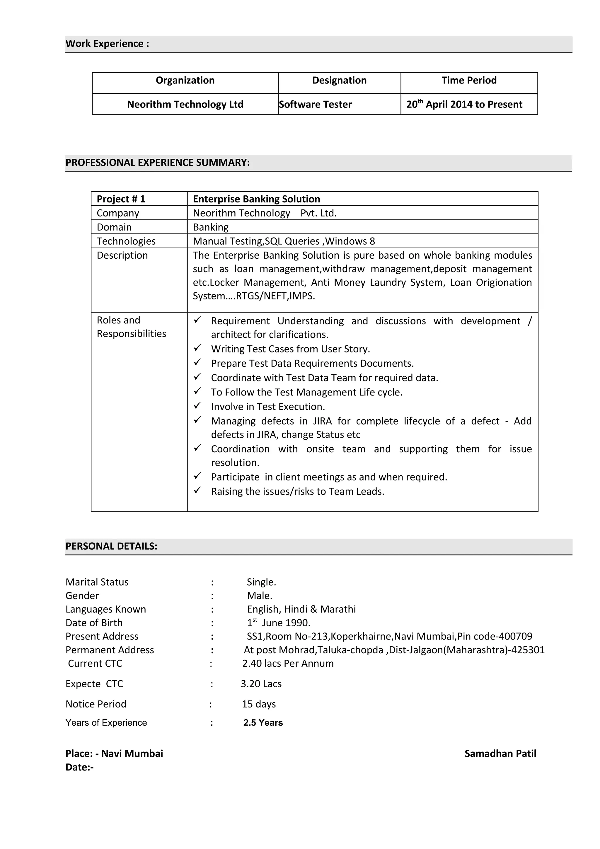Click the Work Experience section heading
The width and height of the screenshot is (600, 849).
pos(107,44)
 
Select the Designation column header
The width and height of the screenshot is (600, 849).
pos(339,80)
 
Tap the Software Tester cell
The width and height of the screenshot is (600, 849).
pos(315,104)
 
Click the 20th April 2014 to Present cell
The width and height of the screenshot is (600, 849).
pos(464,104)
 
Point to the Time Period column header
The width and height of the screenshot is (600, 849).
pos(469,80)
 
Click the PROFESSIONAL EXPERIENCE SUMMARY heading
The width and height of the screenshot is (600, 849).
pos(158,162)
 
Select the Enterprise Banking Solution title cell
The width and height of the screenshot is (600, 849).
pos(256,199)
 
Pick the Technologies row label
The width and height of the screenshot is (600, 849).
pos(126,241)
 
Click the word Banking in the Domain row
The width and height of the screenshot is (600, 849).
pos(211,227)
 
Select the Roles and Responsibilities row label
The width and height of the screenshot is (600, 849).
pos(131,327)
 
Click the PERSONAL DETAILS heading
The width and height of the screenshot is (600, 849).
pos(111,546)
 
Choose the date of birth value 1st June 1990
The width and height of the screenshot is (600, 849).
pos(278,623)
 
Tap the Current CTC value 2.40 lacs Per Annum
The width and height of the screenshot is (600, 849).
pos(288,663)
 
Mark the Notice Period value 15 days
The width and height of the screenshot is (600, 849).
pos(259,704)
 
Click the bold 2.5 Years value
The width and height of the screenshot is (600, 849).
pos(263,722)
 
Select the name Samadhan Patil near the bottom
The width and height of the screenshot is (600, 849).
pos(500,753)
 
